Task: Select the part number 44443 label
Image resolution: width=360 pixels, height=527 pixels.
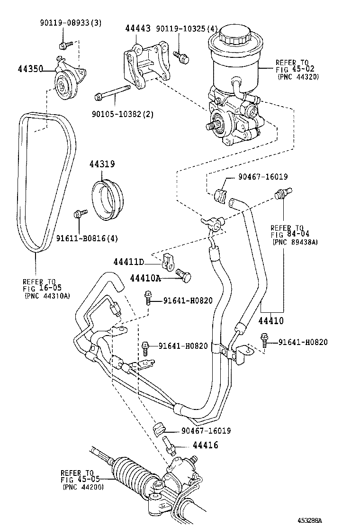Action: (x=137, y=28)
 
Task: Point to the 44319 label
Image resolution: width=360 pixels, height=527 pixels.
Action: (x=102, y=164)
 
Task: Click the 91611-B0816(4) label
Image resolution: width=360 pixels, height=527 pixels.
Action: (x=87, y=238)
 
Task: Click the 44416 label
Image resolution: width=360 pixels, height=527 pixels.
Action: (x=205, y=445)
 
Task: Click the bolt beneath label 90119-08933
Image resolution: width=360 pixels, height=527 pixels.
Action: (x=64, y=45)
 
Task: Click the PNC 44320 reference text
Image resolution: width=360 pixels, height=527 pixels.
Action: (x=298, y=76)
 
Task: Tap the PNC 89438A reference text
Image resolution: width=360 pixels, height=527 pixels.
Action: (x=295, y=242)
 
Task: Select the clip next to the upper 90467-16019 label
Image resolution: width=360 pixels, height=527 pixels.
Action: (x=221, y=194)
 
